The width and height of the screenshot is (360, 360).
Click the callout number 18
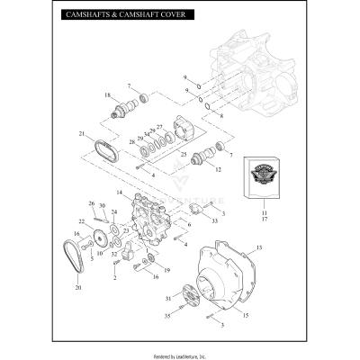point(107,95)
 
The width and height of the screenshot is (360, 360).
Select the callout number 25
point(184,155)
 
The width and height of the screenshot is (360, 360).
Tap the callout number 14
point(117,193)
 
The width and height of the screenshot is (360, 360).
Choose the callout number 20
point(77,288)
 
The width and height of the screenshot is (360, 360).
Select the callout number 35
point(167,317)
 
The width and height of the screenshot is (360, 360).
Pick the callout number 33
point(214,220)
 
